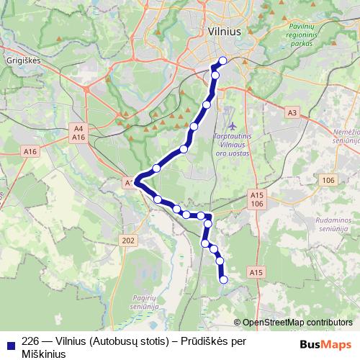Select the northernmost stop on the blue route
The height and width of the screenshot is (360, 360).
click(222, 60)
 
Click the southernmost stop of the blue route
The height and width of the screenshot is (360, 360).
click(223, 279)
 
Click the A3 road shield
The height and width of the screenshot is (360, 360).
click(292, 112)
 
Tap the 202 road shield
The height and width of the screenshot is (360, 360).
click(129, 240)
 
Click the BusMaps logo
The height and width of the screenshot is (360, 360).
click(326, 343)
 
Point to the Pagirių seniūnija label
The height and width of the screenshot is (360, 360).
click(145, 302)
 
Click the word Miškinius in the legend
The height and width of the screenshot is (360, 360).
click(44, 354)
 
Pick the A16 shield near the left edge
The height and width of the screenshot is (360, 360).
click(30, 152)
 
